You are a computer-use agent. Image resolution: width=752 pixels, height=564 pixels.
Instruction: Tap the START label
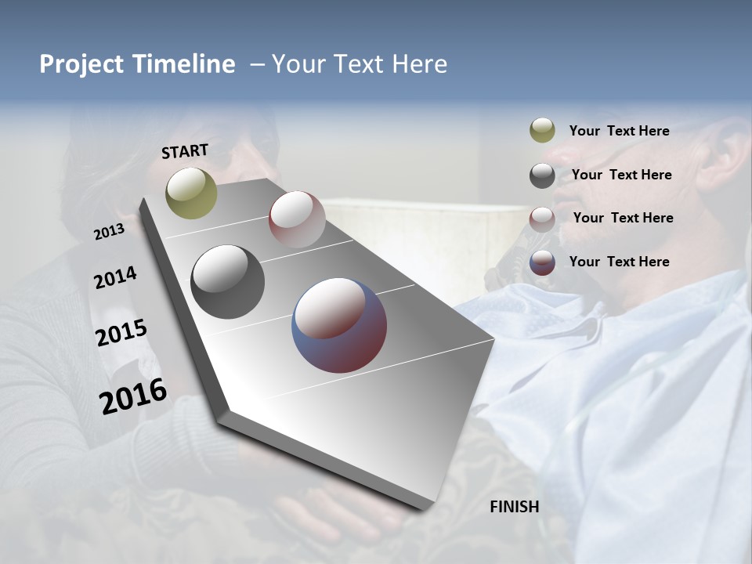click(x=185, y=151)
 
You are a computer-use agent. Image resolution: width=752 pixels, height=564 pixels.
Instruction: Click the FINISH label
click(x=515, y=507)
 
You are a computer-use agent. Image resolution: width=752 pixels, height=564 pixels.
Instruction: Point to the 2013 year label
click(x=109, y=232)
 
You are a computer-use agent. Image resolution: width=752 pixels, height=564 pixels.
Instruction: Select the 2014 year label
click(x=115, y=277)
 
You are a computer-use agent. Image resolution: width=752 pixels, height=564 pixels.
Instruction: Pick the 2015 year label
click(x=121, y=333)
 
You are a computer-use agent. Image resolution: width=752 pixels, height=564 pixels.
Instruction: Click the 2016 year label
click(x=133, y=396)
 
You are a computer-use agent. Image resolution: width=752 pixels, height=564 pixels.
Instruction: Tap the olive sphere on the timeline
click(x=192, y=193)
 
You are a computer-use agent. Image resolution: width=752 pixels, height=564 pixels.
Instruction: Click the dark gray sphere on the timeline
click(x=228, y=282)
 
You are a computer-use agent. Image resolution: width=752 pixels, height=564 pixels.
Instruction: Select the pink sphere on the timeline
click(x=297, y=219)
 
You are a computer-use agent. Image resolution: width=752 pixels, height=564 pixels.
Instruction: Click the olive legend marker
click(x=542, y=131)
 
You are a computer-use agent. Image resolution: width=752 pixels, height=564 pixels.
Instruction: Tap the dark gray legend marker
click(x=542, y=175)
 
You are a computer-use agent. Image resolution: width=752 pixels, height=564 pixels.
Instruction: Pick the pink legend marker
click(x=542, y=219)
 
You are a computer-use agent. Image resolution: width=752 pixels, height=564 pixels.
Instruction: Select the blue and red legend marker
click(x=542, y=262)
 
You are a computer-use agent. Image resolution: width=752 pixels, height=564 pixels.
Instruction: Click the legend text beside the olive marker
click(x=619, y=131)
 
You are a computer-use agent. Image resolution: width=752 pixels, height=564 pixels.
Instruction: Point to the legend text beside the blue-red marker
click(x=619, y=262)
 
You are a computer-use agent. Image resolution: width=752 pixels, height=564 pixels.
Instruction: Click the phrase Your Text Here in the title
click(x=360, y=64)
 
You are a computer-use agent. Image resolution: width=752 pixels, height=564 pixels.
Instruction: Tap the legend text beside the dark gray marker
click(x=621, y=175)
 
